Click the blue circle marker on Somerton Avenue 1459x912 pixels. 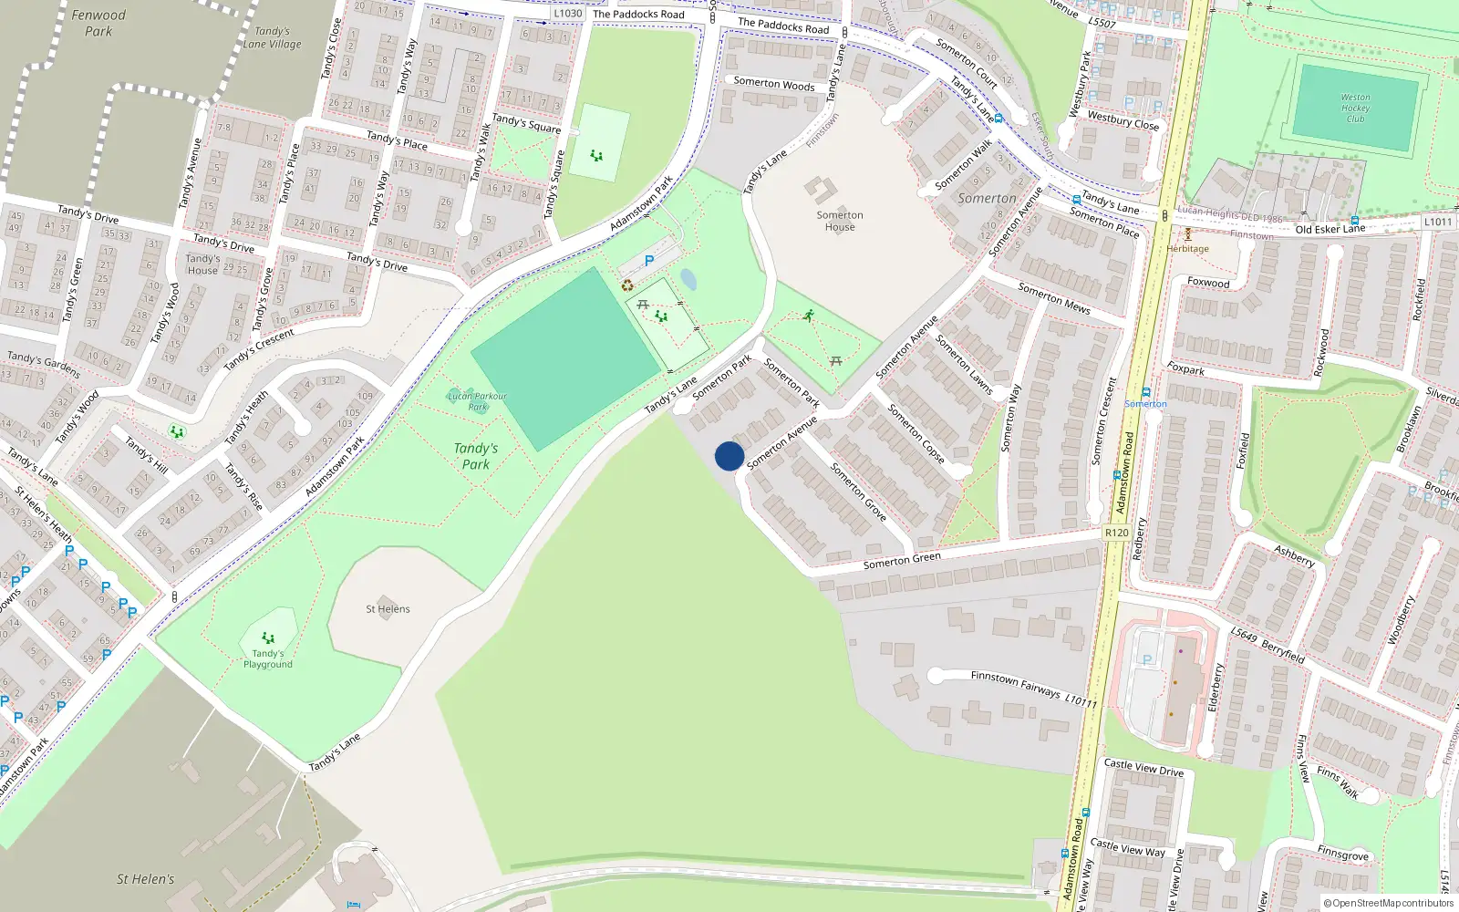click(x=729, y=456)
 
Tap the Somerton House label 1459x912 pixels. click(x=840, y=221)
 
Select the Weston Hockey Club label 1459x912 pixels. click(x=1355, y=108)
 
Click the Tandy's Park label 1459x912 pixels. click(x=475, y=456)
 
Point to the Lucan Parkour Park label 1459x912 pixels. click(x=477, y=401)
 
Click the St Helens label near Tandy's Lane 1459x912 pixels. click(x=388, y=609)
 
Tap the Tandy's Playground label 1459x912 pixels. click(x=268, y=658)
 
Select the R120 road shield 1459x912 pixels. click(x=1116, y=533)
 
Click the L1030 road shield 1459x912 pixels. click(x=568, y=14)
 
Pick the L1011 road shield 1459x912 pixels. click(x=1438, y=222)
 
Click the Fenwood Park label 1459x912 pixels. click(x=98, y=23)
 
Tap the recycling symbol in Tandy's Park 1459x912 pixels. click(x=627, y=285)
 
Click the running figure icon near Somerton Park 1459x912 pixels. click(x=809, y=316)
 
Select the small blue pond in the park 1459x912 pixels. click(x=688, y=279)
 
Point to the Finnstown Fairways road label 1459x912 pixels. click(x=1016, y=684)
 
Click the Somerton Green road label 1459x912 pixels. click(x=902, y=561)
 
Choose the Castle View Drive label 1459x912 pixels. click(x=1143, y=768)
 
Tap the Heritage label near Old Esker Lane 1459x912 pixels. click(x=1187, y=248)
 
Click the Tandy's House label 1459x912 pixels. click(x=202, y=264)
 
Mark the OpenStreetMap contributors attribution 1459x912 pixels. click(x=1389, y=904)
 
